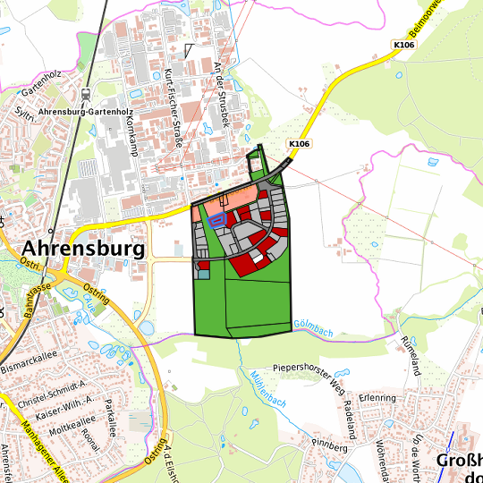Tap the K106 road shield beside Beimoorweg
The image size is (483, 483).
pyautogui.click(x=404, y=43)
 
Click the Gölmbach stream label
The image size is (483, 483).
pyautogui.click(x=312, y=331)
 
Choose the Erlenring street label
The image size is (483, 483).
pyautogui.click(x=377, y=396)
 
